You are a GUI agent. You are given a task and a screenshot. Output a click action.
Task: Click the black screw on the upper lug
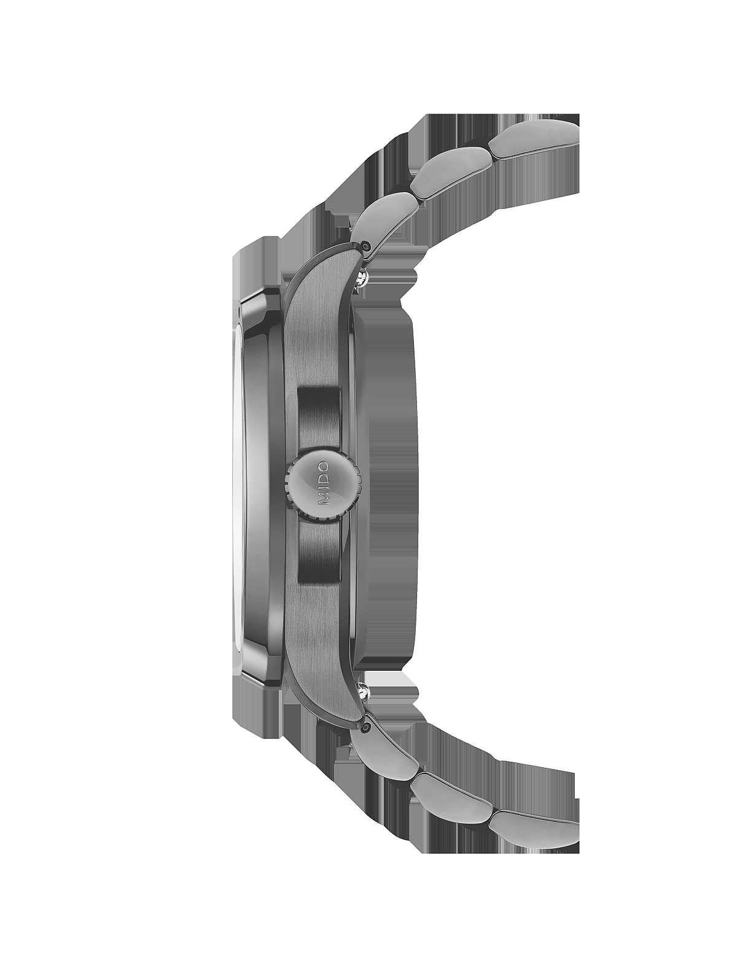364,245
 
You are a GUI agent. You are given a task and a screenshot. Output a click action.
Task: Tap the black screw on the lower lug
366,728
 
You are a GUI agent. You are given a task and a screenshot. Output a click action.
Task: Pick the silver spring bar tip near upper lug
363,277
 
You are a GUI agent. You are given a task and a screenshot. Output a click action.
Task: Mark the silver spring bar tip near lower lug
363,693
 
